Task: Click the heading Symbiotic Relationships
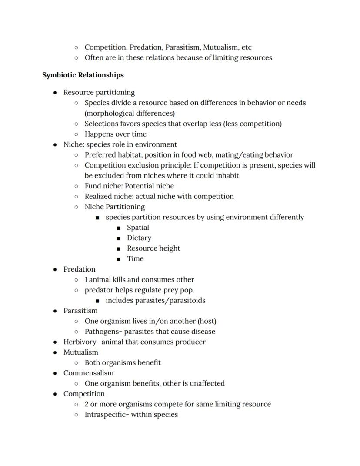click(83, 75)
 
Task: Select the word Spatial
click(138, 228)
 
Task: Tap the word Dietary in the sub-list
click(139, 238)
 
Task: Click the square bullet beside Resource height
click(119, 249)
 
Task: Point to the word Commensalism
click(88, 373)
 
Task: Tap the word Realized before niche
click(98, 196)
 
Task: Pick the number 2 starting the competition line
click(87, 404)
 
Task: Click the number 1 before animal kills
click(86, 279)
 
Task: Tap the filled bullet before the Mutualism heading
click(55, 352)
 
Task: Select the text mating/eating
click(241, 155)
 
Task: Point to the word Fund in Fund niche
click(93, 186)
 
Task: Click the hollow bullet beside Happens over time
click(77, 134)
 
